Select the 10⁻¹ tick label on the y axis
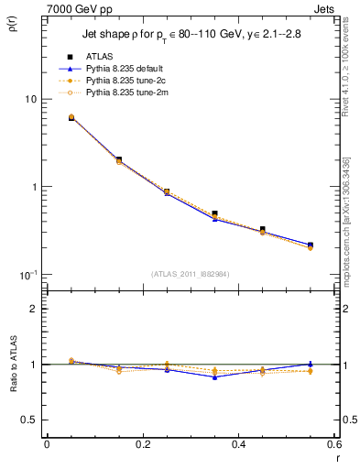tap(27, 275)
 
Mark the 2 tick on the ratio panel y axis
tap(32, 310)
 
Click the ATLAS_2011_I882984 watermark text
tap(191, 275)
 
